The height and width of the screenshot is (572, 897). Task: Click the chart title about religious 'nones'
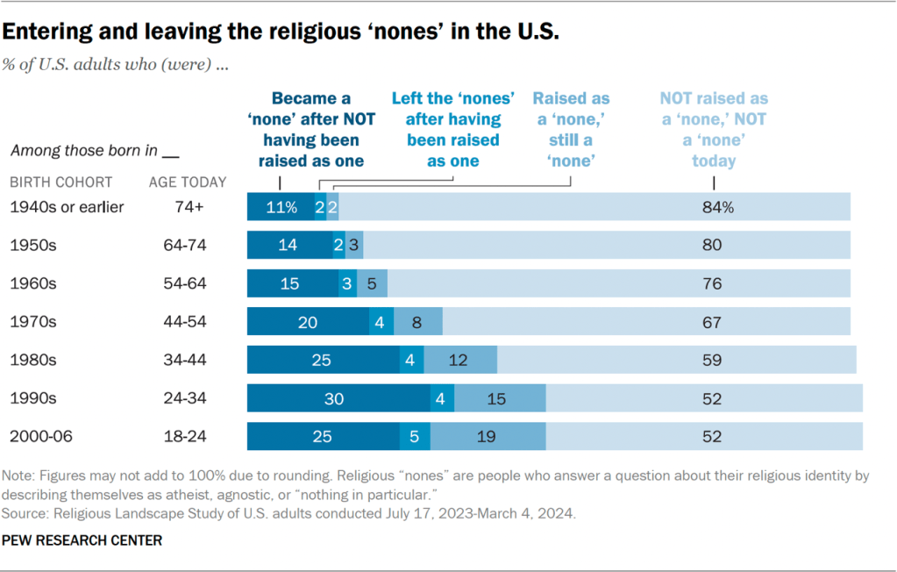point(281,33)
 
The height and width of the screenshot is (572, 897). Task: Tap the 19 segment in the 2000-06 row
point(488,436)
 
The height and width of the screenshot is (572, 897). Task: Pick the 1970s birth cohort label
point(32,322)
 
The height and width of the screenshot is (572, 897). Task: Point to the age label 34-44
point(185,360)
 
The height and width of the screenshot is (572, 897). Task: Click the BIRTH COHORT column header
point(61,182)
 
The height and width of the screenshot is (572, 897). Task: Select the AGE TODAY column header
point(188,182)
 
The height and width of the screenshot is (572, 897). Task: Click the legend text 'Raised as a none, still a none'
point(571,130)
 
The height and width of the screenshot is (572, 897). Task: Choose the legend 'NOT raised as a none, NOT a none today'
point(714,130)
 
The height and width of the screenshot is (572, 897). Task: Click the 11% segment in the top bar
point(281,207)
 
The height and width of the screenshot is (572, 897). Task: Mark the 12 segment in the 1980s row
point(460,360)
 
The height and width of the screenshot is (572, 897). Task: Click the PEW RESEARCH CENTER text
point(82,540)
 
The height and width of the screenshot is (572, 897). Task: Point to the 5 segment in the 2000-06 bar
point(415,436)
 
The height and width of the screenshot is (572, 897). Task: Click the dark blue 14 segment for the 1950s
point(289,246)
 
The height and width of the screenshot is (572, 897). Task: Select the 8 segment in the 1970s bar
point(417,322)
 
